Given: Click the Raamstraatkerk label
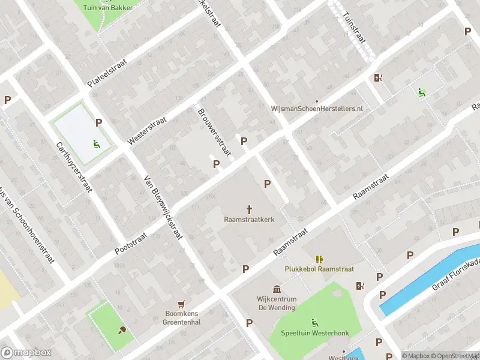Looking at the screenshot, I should coord(250,220).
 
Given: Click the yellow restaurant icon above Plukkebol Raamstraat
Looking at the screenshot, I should coord(319,259).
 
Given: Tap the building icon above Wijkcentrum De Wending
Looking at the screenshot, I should coord(277,289).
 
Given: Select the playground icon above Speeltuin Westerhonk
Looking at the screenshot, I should coord(314,323).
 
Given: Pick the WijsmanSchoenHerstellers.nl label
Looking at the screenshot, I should coord(317,109).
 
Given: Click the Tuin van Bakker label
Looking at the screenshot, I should coord(109,7).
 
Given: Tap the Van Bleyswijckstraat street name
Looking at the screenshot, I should coord(163,207).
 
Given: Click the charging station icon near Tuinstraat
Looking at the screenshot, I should coord(377,77).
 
